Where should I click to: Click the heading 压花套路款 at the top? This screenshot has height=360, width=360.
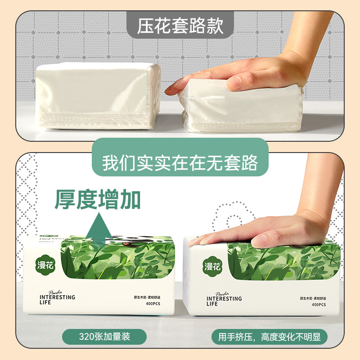click(180, 25)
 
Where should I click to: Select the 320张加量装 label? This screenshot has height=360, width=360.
click(104, 337)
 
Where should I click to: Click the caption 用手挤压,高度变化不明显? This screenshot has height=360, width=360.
click(270, 337)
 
